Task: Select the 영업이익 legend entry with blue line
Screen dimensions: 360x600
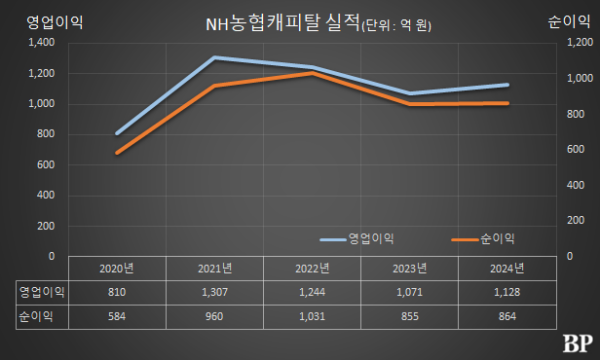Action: (357, 238)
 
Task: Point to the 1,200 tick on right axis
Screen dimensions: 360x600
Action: (580, 43)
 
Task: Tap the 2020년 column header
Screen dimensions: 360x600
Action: (117, 268)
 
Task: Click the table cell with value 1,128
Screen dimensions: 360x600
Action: (506, 292)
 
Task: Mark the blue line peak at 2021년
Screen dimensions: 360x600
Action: (215, 57)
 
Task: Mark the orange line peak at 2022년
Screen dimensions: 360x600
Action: (312, 73)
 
